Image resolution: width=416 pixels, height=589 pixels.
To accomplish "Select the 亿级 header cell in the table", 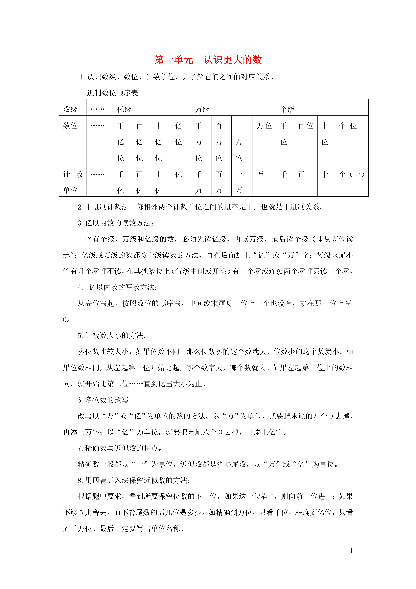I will pos(124,109).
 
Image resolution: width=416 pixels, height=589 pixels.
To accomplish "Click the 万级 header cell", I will pos(202,109).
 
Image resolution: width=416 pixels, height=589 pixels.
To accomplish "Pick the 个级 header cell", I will pos(287,109).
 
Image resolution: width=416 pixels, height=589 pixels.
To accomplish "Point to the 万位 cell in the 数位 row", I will pos(264,126).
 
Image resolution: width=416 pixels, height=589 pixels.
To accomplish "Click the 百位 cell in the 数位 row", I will pos(305,126).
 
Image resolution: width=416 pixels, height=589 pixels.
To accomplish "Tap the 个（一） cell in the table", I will pos(351,174).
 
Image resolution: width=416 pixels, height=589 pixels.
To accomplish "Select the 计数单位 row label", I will pos(73,182).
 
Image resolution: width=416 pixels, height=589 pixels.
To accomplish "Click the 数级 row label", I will pos(70,109).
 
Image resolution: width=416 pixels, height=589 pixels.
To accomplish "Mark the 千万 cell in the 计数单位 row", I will pos(199,182).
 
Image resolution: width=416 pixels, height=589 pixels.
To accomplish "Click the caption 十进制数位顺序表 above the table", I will pos(109,93).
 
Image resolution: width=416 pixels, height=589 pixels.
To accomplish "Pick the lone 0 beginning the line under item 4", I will pos(65,320).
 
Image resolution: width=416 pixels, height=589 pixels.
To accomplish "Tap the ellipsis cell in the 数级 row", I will pos(98,109).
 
